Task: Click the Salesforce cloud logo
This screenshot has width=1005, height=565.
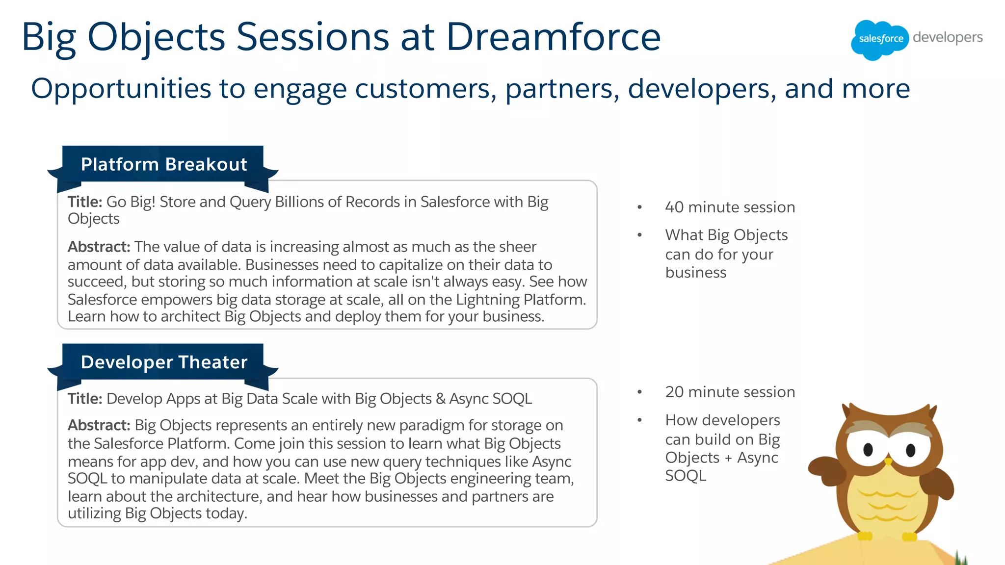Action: point(879,39)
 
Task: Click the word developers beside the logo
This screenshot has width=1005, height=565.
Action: point(948,38)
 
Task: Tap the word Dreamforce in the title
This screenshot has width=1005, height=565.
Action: point(553,37)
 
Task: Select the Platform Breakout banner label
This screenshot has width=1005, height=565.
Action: point(164,164)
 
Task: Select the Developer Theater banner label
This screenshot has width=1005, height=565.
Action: point(164,362)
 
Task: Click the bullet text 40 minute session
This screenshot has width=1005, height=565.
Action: point(730,207)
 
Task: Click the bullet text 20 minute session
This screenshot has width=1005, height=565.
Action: point(730,392)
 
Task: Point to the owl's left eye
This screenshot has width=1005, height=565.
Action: point(868,449)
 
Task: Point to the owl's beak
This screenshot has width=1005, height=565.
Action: point(888,461)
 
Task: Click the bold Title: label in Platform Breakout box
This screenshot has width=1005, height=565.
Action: point(85,202)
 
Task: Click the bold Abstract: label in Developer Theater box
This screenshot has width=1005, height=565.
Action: point(99,425)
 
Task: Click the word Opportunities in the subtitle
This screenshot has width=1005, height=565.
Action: point(121,89)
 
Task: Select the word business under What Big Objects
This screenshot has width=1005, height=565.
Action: point(695,272)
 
